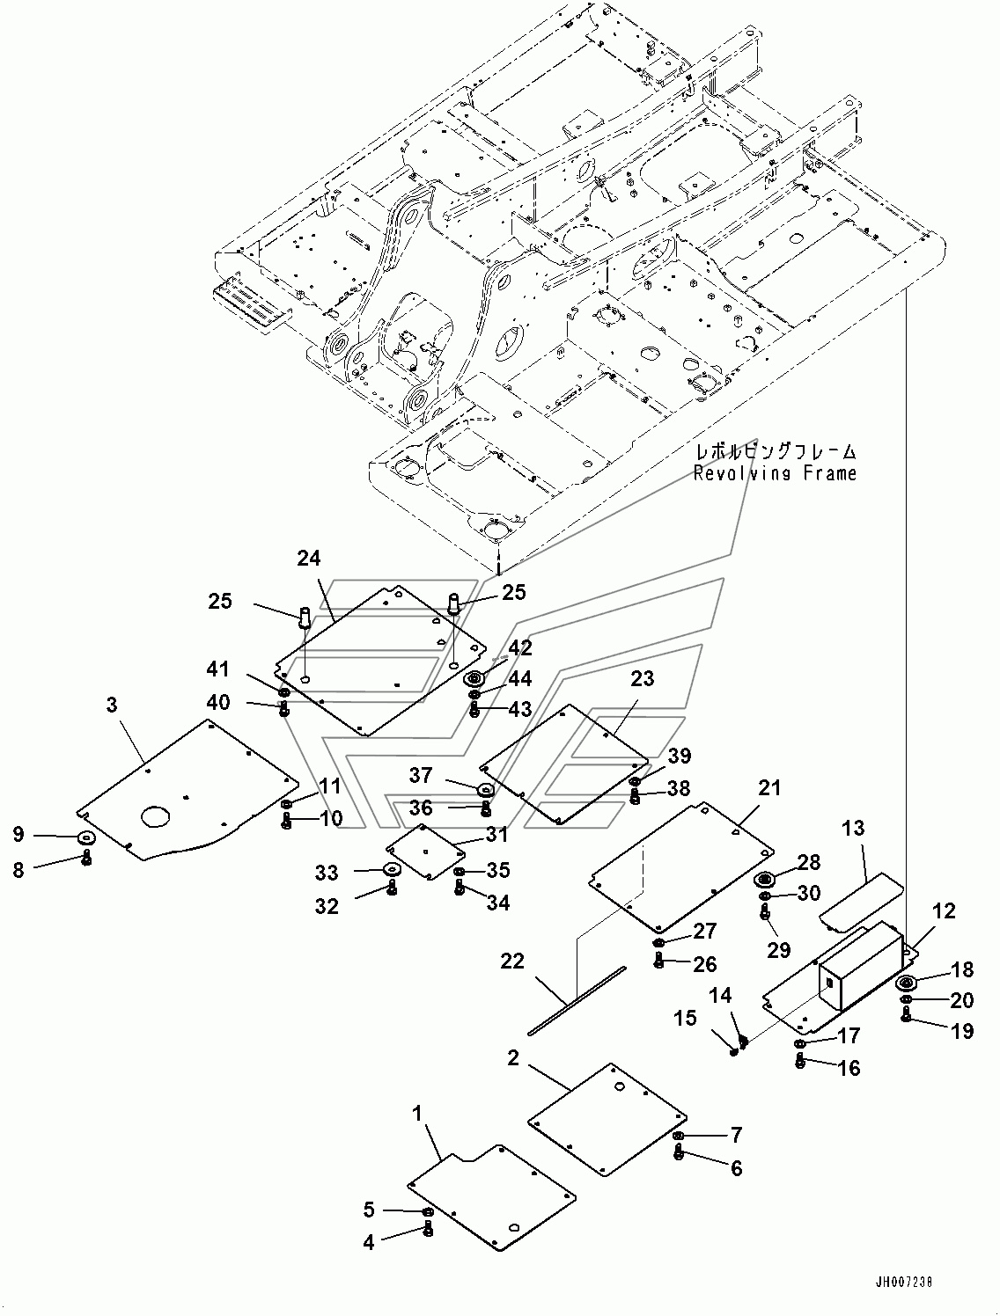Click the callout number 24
(309, 559)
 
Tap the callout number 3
(112, 705)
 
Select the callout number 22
(513, 961)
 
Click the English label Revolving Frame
(775, 473)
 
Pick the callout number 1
(417, 1114)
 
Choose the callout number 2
(513, 1058)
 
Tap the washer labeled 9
(87, 837)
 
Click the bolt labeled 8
(86, 858)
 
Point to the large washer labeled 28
(765, 881)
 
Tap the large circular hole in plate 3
(155, 816)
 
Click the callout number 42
(520, 647)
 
